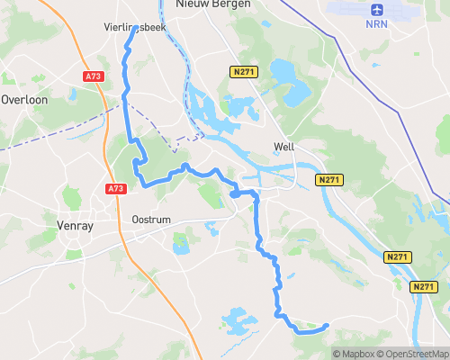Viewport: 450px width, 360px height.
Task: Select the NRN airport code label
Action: pos(376,23)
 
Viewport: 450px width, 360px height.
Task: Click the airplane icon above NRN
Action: pos(376,10)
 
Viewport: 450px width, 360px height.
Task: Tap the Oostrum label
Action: pos(150,220)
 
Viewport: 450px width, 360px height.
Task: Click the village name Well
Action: pos(284,146)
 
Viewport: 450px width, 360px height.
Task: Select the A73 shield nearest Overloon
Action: pos(94,77)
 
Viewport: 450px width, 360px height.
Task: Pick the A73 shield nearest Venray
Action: pos(115,189)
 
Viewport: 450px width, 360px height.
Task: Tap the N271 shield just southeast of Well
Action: pos(328,181)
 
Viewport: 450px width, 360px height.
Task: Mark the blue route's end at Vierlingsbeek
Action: pos(135,29)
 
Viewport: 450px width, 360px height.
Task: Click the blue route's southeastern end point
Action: pos(326,326)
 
